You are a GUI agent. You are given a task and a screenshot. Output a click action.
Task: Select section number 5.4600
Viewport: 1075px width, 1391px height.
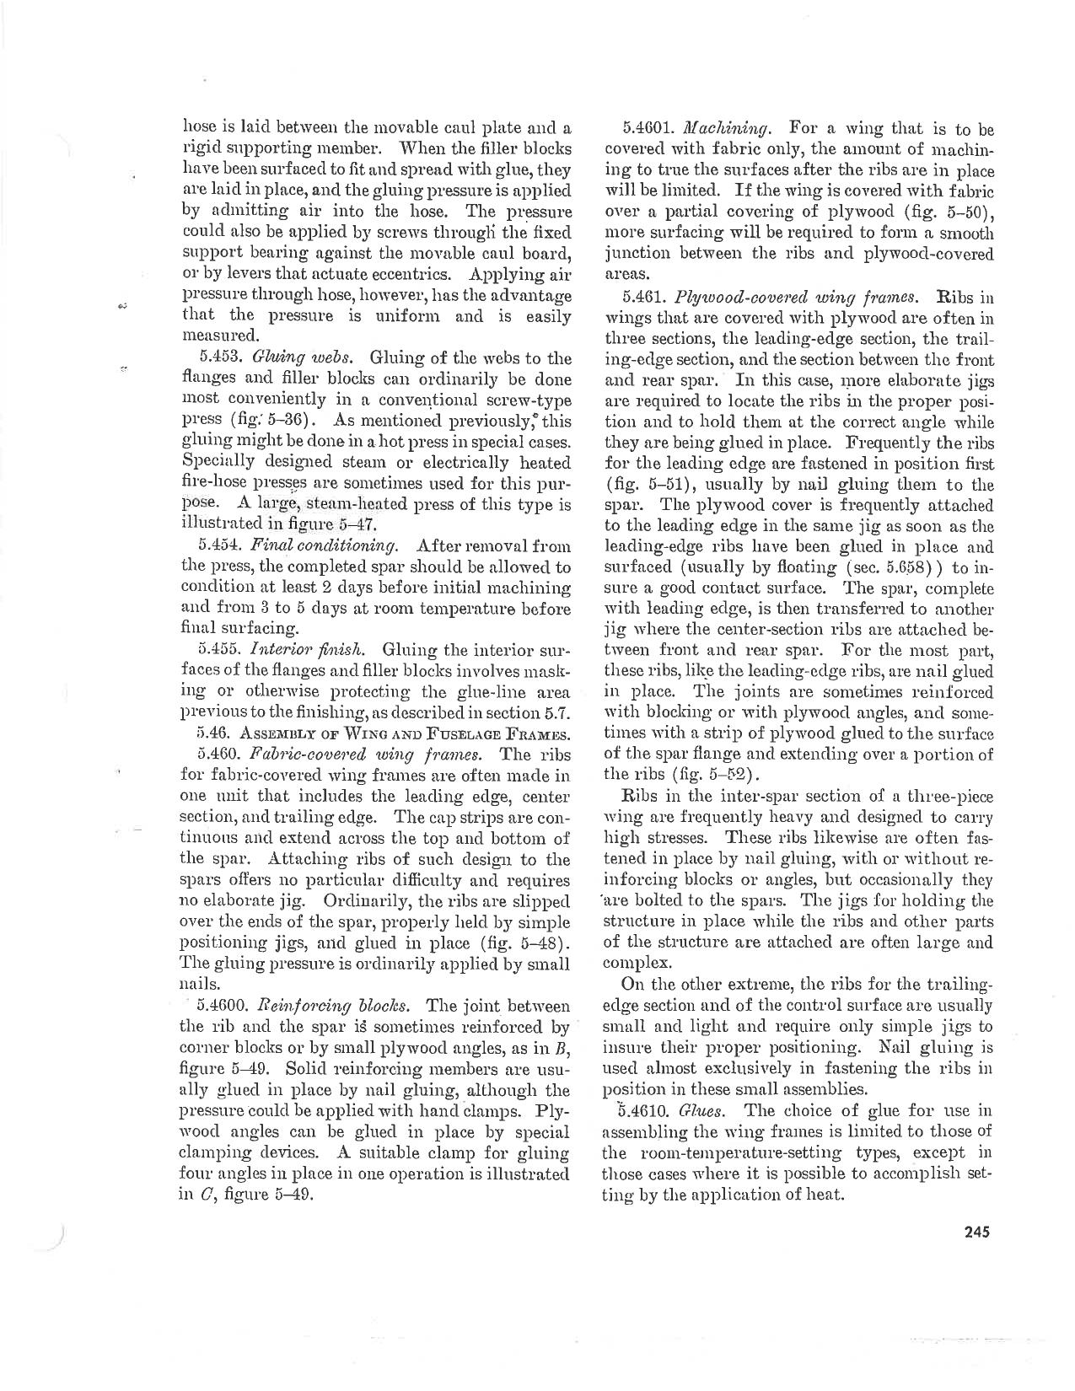coord(221,1006)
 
